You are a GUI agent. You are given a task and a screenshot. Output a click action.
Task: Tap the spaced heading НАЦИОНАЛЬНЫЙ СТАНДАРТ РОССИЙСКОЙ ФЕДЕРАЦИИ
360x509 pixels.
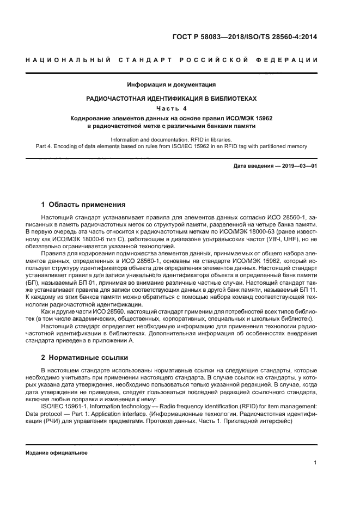point(172,59)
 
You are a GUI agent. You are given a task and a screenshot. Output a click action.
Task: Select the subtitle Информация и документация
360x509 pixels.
point(172,84)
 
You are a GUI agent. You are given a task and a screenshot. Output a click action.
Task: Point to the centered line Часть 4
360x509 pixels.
point(172,108)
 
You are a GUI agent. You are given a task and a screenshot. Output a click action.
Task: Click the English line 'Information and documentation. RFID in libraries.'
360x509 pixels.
point(172,139)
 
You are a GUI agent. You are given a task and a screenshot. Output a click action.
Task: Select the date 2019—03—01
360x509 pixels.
point(298,165)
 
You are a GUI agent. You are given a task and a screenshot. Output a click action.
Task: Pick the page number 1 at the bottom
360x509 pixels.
point(315,463)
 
